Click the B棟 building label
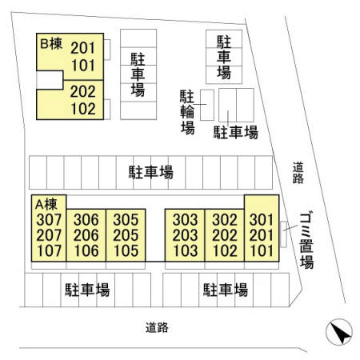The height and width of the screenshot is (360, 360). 51,44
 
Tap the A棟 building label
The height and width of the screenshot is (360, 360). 46,205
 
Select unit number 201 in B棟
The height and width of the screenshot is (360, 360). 83,48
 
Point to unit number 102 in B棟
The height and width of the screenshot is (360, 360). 83,109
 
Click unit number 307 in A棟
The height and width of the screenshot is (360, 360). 49,220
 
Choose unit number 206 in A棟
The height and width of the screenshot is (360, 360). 86,235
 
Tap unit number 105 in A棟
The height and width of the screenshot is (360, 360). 126,250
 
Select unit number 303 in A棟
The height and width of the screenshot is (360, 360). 185,220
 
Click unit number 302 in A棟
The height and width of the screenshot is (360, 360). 225,220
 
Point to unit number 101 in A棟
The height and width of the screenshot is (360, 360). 262,250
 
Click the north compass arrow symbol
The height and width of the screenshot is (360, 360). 339,332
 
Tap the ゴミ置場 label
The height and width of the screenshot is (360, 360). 306,241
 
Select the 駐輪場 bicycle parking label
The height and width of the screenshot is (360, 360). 187,112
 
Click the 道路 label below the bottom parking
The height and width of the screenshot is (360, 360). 157,327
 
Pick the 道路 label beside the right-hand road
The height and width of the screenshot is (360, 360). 298,173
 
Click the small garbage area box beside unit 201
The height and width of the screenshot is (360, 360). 283,234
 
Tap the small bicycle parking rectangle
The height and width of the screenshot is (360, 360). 207,105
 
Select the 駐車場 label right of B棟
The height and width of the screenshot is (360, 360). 138,75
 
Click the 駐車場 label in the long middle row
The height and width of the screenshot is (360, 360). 151,172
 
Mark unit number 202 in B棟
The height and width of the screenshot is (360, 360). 83,91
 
